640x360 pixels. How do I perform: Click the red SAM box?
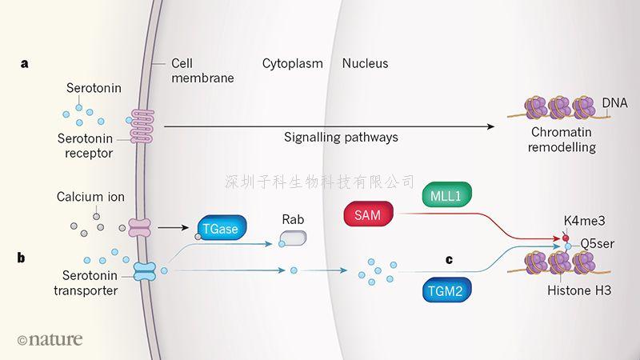[367, 214]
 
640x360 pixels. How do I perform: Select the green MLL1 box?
[446, 194]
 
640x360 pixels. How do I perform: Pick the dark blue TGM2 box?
[444, 293]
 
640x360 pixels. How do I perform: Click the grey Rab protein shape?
[292, 238]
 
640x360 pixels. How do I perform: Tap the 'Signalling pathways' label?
[341, 137]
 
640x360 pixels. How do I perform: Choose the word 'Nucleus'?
[365, 63]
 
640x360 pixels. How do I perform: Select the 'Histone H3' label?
[579, 291]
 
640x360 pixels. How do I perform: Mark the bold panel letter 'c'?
[449, 259]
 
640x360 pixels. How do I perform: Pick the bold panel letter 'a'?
[25, 63]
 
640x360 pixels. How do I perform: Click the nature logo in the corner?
[50, 339]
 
